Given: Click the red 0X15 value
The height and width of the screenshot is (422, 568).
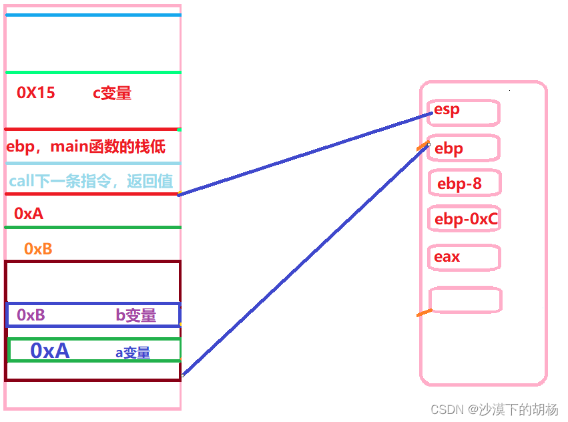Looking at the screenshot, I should coord(36,93).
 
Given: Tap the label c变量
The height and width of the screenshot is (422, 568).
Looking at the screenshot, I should coord(112,93).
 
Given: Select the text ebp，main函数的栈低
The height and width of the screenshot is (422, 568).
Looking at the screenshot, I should coord(86,146).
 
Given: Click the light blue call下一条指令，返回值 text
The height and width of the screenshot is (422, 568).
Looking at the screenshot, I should coord(91,181).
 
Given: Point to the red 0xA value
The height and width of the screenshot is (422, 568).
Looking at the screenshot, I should coord(29,214).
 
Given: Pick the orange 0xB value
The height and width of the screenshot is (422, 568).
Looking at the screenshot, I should coord(38,249).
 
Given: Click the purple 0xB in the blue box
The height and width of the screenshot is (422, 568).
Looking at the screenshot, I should coord(31,315).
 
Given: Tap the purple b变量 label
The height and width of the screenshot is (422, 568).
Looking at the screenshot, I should coord(135,315).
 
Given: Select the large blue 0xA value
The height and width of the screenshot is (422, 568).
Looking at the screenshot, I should coord(49,351).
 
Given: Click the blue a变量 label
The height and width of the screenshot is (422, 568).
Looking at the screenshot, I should coord(133,353).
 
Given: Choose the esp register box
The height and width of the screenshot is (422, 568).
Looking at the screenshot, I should coord(465,112).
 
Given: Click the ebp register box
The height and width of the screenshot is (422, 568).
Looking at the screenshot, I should coord(465,148).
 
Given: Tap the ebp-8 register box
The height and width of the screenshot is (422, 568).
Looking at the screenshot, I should coord(465,184).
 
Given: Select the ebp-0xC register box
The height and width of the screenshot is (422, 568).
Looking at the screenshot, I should coord(465,218).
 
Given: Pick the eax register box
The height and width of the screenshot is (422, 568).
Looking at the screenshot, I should coord(465,257).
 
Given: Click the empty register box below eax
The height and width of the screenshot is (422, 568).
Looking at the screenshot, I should coord(465,300).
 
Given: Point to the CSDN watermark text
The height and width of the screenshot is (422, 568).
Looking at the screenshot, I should coord(495,409).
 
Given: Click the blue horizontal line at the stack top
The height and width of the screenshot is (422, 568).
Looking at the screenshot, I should coord(93,15).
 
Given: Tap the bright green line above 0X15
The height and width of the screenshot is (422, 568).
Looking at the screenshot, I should coord(93,72).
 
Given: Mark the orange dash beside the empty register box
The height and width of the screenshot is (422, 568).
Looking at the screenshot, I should coord(424,312).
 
